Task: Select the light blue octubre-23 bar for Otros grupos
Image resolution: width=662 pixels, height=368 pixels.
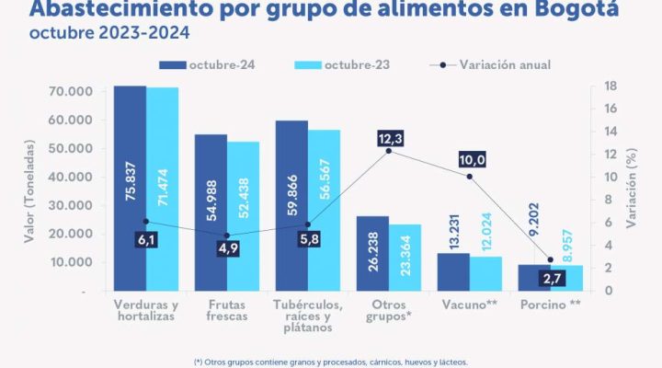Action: coord(405,258)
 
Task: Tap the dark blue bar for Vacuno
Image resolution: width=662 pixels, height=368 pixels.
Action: coord(452,272)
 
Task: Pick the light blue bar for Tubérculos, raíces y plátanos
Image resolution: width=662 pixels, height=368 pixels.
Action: coord(324,212)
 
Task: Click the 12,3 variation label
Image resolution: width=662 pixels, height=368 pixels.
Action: coord(390,139)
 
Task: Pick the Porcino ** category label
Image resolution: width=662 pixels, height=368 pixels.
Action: coord(550,305)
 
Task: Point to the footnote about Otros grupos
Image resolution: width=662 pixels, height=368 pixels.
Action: coord(331,362)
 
